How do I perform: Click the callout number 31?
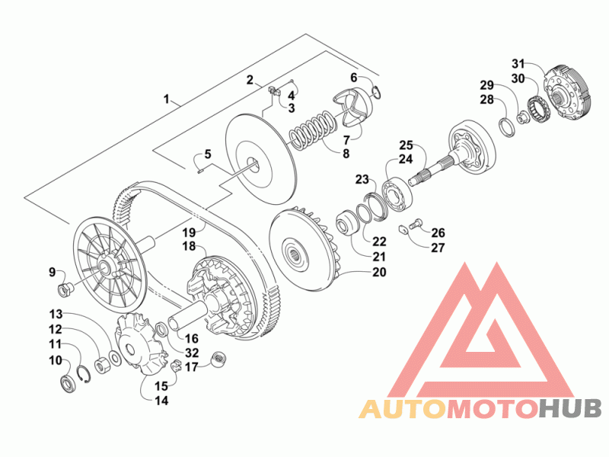[x=518, y=63]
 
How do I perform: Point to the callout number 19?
[x=189, y=232]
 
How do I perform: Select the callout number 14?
[x=161, y=401]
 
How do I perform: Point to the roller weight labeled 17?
[x=218, y=360]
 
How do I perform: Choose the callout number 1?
[x=166, y=99]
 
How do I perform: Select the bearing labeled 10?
[x=69, y=384]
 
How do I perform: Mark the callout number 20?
[x=379, y=273]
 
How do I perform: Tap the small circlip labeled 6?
[x=376, y=91]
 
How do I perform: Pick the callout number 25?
[x=406, y=145]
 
